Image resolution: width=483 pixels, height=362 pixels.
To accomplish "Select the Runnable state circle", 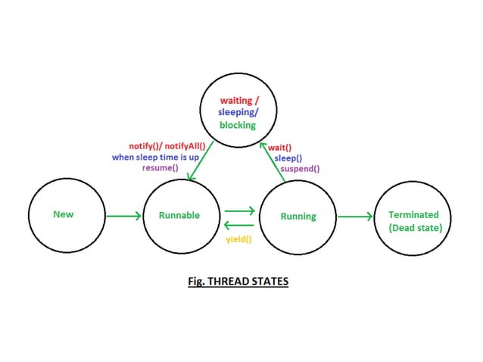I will (x=179, y=215).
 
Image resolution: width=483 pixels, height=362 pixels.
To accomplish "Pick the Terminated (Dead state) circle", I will (x=413, y=220).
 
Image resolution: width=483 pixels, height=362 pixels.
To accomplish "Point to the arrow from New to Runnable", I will (x=123, y=216).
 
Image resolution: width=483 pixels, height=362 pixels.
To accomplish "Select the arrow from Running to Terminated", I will (x=355, y=217).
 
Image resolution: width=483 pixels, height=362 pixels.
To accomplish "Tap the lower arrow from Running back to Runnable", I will (x=239, y=225).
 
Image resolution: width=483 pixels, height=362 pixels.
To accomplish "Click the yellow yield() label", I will (x=239, y=239).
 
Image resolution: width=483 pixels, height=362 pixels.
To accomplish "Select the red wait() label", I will (x=280, y=148).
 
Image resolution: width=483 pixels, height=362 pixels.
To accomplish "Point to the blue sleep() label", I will (x=288, y=158).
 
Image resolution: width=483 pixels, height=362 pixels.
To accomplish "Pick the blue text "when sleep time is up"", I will (x=155, y=156).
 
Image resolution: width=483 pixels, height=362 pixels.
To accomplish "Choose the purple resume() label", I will (x=160, y=167).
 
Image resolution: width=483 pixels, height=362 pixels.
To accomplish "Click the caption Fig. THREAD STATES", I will (x=238, y=282).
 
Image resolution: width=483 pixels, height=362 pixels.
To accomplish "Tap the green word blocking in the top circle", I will (x=238, y=125).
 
